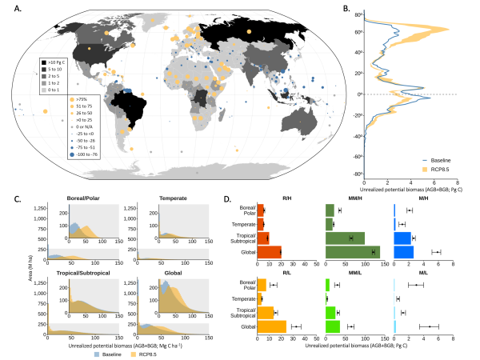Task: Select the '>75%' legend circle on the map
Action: pos(46,99)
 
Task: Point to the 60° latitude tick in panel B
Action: pos(358,32)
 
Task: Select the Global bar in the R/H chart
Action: pos(268,252)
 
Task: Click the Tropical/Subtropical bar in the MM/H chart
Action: pos(345,238)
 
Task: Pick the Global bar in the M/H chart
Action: pos(404,252)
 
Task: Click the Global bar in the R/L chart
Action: pos(271,326)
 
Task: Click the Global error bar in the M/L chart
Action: pos(430,326)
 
